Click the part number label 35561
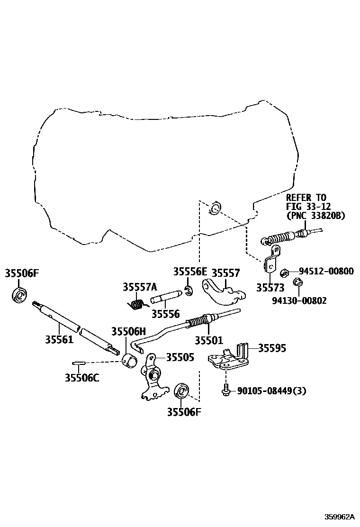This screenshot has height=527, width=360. click(59, 339)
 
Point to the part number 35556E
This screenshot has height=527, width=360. click(190, 272)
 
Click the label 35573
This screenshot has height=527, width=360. click(270, 288)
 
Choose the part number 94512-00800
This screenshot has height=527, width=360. click(326, 272)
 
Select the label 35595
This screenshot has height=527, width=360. click(272, 348)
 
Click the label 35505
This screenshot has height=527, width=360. click(180, 357)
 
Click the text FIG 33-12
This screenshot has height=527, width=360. click(308, 206)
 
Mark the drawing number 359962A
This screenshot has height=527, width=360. click(339, 516)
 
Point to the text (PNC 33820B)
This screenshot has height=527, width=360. click(315, 216)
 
